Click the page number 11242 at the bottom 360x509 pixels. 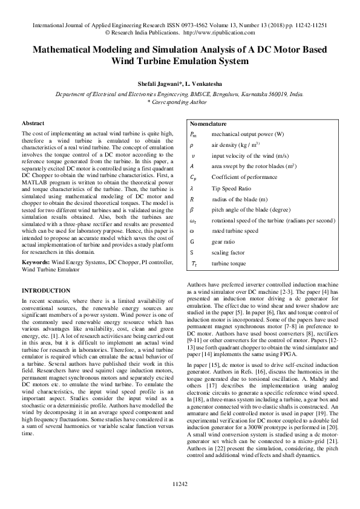tap(180, 484)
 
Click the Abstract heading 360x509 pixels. tap(33, 123)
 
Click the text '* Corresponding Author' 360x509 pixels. tap(180, 103)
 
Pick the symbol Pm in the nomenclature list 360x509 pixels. tap(193, 134)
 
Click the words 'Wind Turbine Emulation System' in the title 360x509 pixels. tap(180, 61)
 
